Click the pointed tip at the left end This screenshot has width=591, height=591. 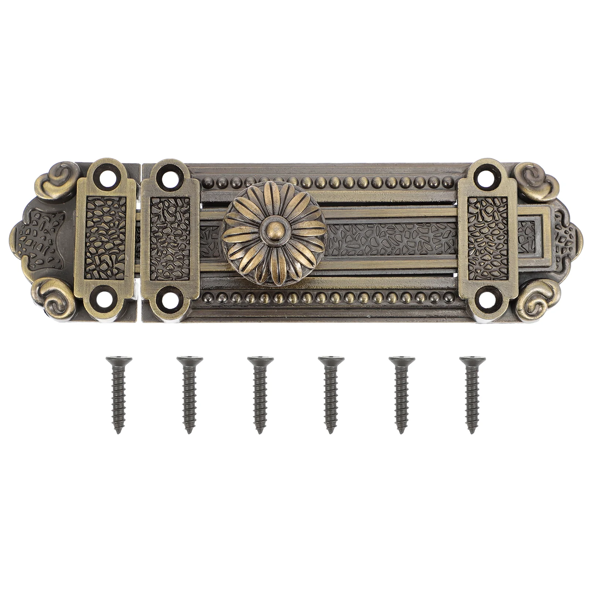[12, 239]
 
